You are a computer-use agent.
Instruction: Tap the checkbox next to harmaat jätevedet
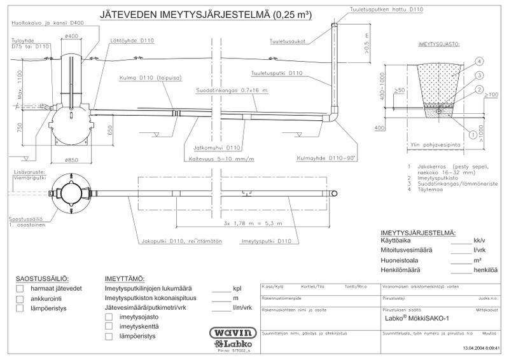tap(20, 289)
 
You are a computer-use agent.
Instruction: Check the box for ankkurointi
tap(20, 298)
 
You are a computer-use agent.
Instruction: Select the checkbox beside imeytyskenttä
tap(109, 326)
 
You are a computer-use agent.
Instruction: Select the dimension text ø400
tap(72, 36)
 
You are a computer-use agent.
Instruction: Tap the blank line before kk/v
tap(461, 242)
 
